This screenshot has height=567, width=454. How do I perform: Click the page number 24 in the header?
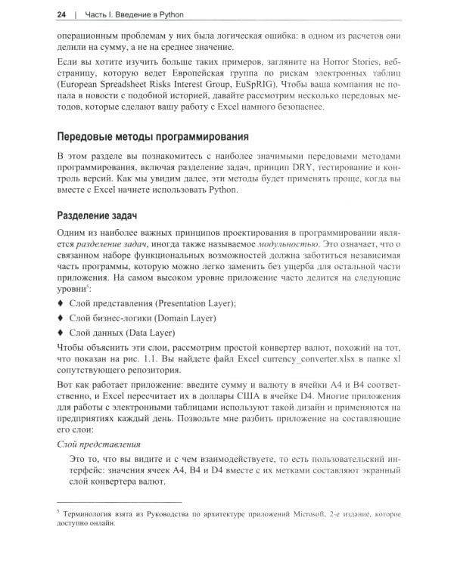61,14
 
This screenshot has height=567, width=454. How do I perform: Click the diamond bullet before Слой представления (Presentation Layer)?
61,303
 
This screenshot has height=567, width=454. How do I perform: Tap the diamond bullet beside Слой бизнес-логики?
61,318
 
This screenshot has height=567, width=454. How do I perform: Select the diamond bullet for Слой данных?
61,332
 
